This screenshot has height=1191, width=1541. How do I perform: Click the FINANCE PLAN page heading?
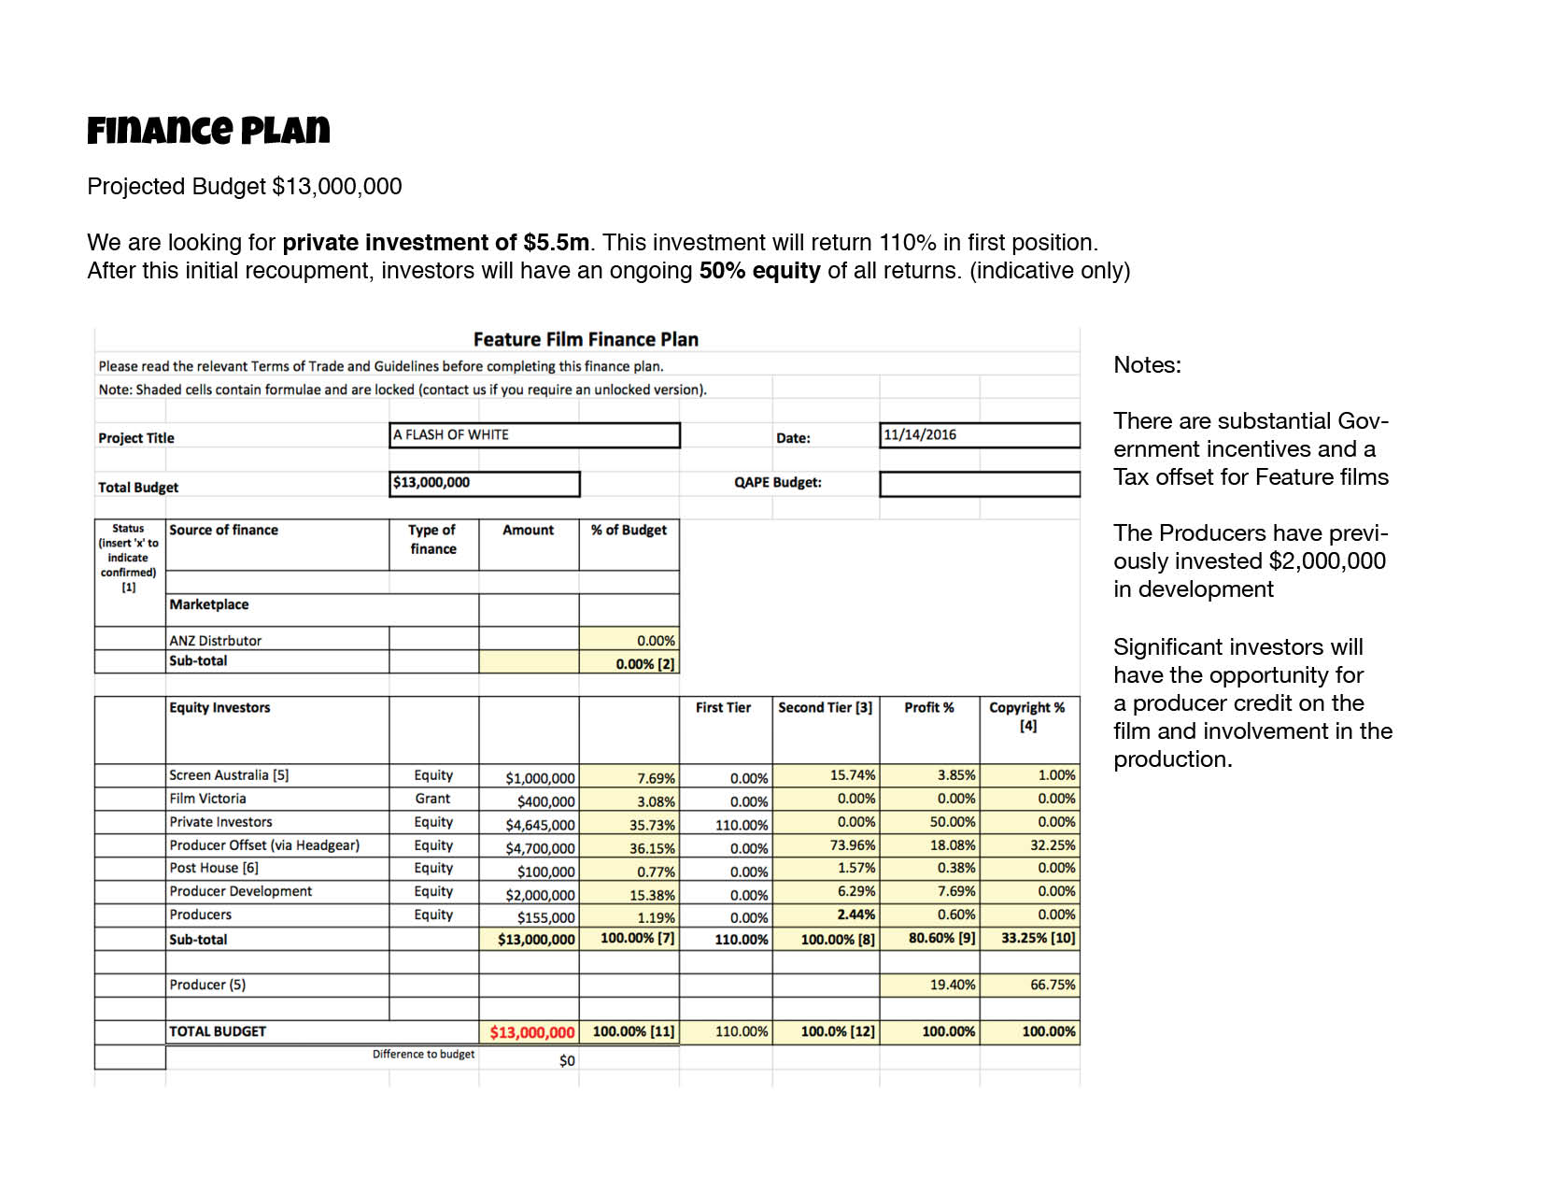(x=208, y=131)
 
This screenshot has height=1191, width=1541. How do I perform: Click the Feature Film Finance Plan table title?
(x=586, y=339)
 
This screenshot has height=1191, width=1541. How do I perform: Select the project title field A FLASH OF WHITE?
(x=534, y=435)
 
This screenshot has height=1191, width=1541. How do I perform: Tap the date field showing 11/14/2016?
(x=979, y=435)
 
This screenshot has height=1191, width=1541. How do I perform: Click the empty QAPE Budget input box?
(x=979, y=484)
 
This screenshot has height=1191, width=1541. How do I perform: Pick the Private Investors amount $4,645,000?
(x=540, y=825)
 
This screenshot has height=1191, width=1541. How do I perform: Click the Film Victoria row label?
(x=207, y=799)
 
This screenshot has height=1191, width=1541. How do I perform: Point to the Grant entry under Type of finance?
(x=432, y=799)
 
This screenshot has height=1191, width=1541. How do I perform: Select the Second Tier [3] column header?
(x=825, y=708)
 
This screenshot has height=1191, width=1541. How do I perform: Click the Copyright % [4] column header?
(x=1027, y=716)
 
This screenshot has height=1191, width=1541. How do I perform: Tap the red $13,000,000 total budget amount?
(x=532, y=1032)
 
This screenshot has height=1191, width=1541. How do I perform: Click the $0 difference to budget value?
(x=567, y=1060)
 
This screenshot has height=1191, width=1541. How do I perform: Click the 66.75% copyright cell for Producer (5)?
(x=1052, y=985)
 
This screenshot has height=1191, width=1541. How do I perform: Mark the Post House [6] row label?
(x=214, y=868)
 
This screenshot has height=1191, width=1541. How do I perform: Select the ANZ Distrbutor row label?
(x=215, y=641)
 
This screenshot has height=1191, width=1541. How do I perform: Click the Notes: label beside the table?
(x=1147, y=365)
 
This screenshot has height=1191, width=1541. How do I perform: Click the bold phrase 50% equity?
(x=759, y=271)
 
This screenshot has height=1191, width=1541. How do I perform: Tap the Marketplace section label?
(x=209, y=604)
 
